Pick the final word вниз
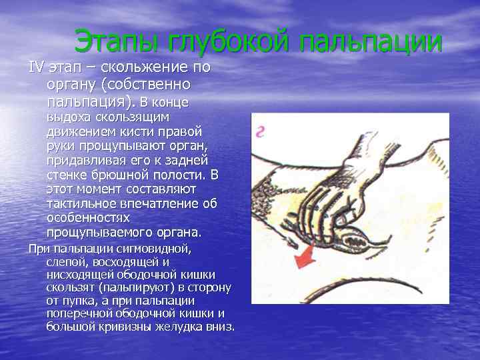pos(221,327)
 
